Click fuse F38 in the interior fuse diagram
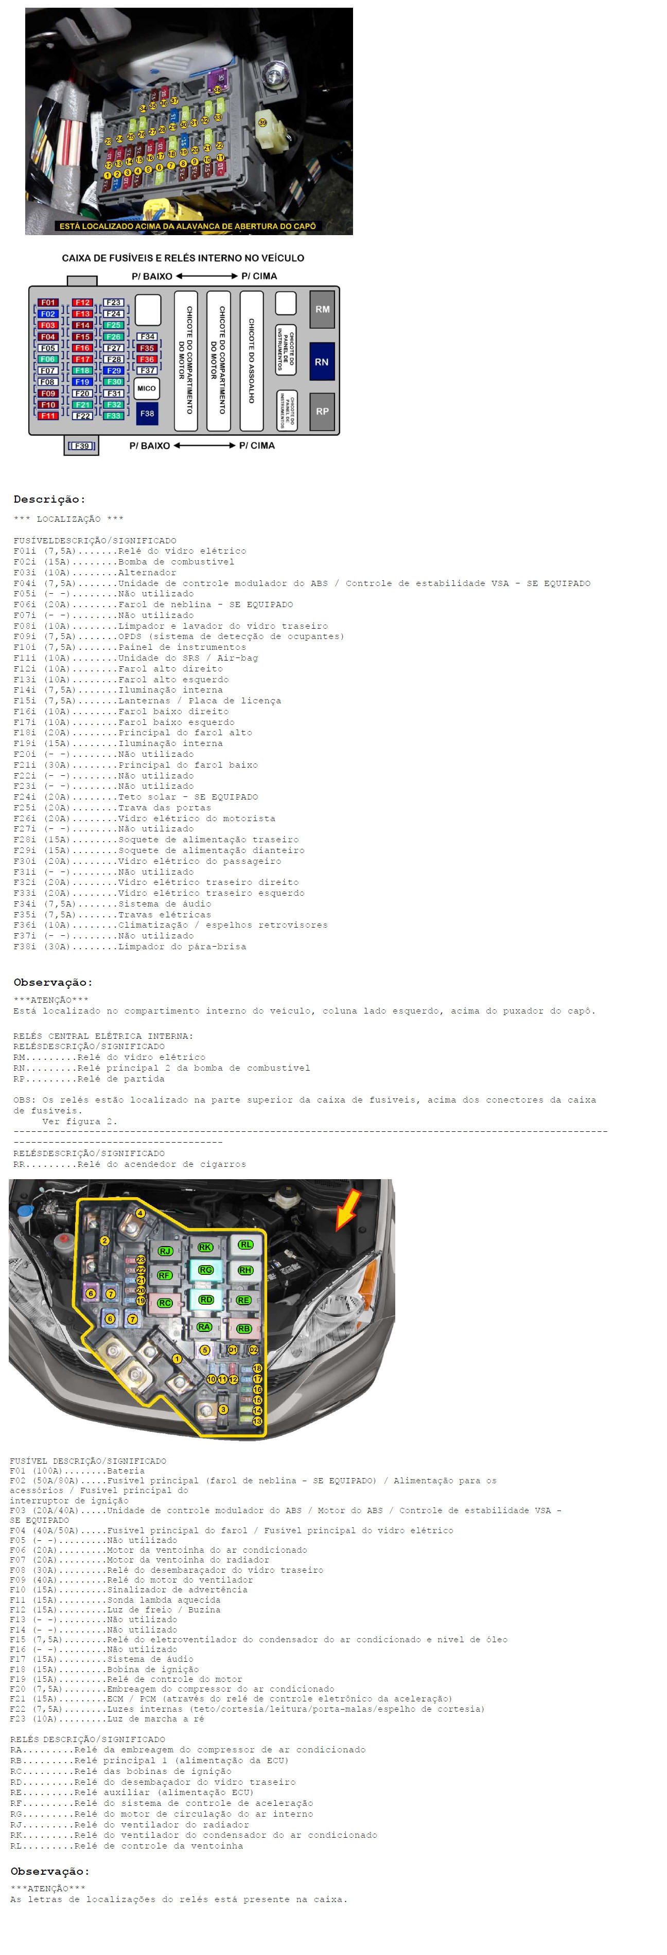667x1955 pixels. pyautogui.click(x=147, y=414)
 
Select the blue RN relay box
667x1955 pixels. pyautogui.click(x=322, y=362)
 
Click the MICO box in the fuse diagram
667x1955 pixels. pyautogui.click(x=147, y=388)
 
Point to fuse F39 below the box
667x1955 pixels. pyautogui.click(x=81, y=446)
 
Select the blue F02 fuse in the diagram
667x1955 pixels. pyautogui.click(x=48, y=313)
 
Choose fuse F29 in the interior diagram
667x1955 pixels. pyautogui.click(x=114, y=370)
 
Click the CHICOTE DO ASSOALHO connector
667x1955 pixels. pyautogui.click(x=251, y=361)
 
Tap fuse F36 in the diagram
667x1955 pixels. pyautogui.click(x=147, y=359)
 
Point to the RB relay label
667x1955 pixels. pyautogui.click(x=243, y=1329)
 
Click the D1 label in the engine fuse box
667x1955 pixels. pyautogui.click(x=233, y=1350)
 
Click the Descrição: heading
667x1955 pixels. pyautogui.click(x=49, y=500)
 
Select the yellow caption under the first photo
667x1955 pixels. pyautogui.click(x=187, y=226)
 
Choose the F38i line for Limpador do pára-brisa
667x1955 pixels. pyautogui.click(x=130, y=947)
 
